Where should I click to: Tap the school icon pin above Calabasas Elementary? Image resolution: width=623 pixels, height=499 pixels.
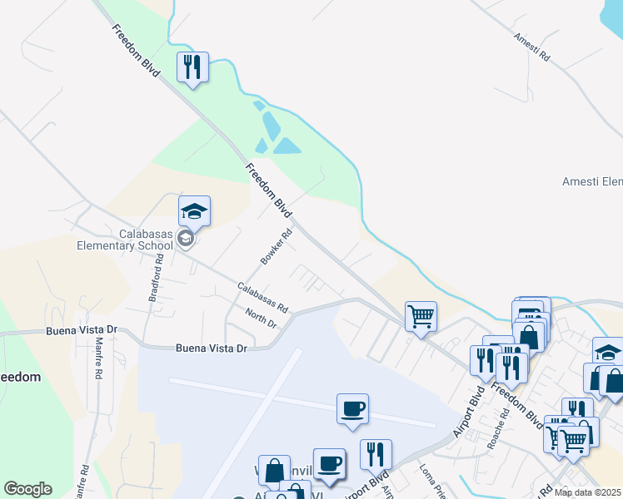(194, 211)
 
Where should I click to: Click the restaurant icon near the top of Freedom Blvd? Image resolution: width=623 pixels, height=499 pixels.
(192, 67)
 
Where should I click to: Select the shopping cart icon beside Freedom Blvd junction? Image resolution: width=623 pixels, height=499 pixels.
(421, 315)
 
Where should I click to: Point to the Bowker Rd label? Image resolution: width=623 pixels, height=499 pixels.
(278, 247)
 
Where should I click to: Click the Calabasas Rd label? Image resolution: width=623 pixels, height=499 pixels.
(262, 295)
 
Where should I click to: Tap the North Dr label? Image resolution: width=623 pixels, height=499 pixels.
(261, 318)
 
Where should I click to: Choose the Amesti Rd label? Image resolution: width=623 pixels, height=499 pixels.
(532, 48)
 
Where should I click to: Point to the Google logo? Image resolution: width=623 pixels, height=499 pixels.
(27, 489)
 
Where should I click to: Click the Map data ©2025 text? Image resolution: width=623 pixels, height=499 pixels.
(588, 492)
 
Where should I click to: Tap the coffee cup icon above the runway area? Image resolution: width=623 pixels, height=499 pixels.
(352, 408)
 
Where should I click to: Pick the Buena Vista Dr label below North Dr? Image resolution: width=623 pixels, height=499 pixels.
(212, 348)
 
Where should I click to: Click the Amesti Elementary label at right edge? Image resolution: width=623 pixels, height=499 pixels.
(592, 181)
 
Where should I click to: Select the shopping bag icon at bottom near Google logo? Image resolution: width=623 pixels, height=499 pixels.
(274, 471)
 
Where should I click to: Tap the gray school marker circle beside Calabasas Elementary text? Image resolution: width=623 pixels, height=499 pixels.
(186, 240)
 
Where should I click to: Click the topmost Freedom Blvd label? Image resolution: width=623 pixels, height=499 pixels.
(135, 52)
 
